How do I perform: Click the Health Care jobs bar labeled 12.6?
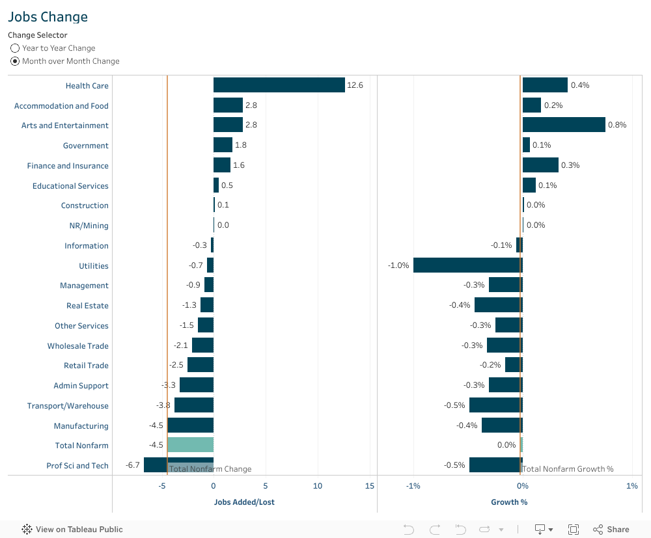click(279, 85)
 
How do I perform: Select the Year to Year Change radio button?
click(15, 48)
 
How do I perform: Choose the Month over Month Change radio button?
click(15, 61)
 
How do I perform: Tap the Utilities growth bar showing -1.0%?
click(467, 265)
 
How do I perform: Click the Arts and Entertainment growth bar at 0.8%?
click(564, 125)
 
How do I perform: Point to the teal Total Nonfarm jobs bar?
click(190, 445)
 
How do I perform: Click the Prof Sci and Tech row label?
click(77, 466)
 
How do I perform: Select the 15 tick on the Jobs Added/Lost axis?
click(370, 486)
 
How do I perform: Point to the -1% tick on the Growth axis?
click(413, 486)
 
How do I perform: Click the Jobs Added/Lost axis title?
click(244, 502)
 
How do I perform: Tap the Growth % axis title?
click(509, 502)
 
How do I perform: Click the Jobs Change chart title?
click(48, 17)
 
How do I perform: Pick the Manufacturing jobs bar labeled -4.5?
click(190, 425)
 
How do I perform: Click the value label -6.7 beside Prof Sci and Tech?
click(133, 465)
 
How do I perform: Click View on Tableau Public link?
click(72, 530)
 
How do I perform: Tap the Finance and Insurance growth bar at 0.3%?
click(540, 165)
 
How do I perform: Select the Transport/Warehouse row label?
click(68, 406)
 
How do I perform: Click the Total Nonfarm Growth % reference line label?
click(568, 469)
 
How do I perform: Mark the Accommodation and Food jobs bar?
click(228, 105)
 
